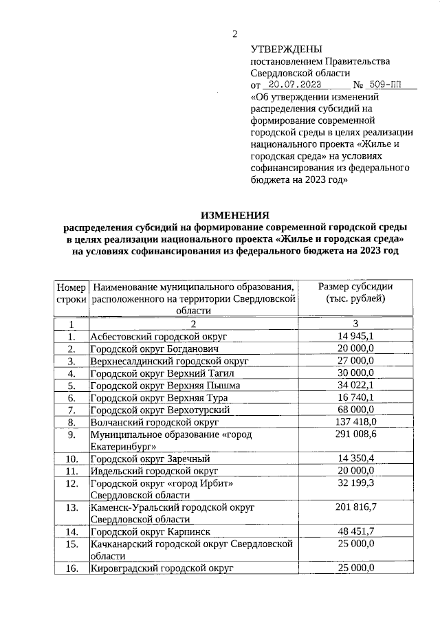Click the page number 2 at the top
pyautogui.click(x=234, y=34)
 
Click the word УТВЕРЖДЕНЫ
pyautogui.click(x=286, y=49)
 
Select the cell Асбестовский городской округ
pyautogui.click(x=159, y=336)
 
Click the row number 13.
pyautogui.click(x=71, y=507)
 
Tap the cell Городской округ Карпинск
pyautogui.click(x=154, y=532)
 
